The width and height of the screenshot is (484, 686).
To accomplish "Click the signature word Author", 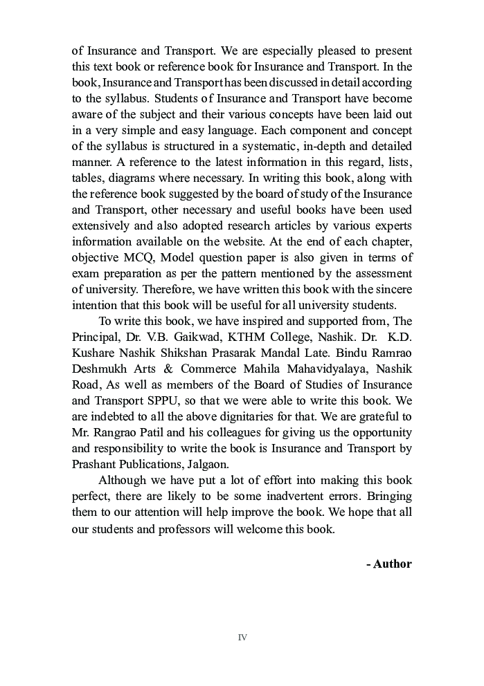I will [393, 564].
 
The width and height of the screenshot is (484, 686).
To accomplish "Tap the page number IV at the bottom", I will [242, 637].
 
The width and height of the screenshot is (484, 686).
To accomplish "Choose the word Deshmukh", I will [100, 369].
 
